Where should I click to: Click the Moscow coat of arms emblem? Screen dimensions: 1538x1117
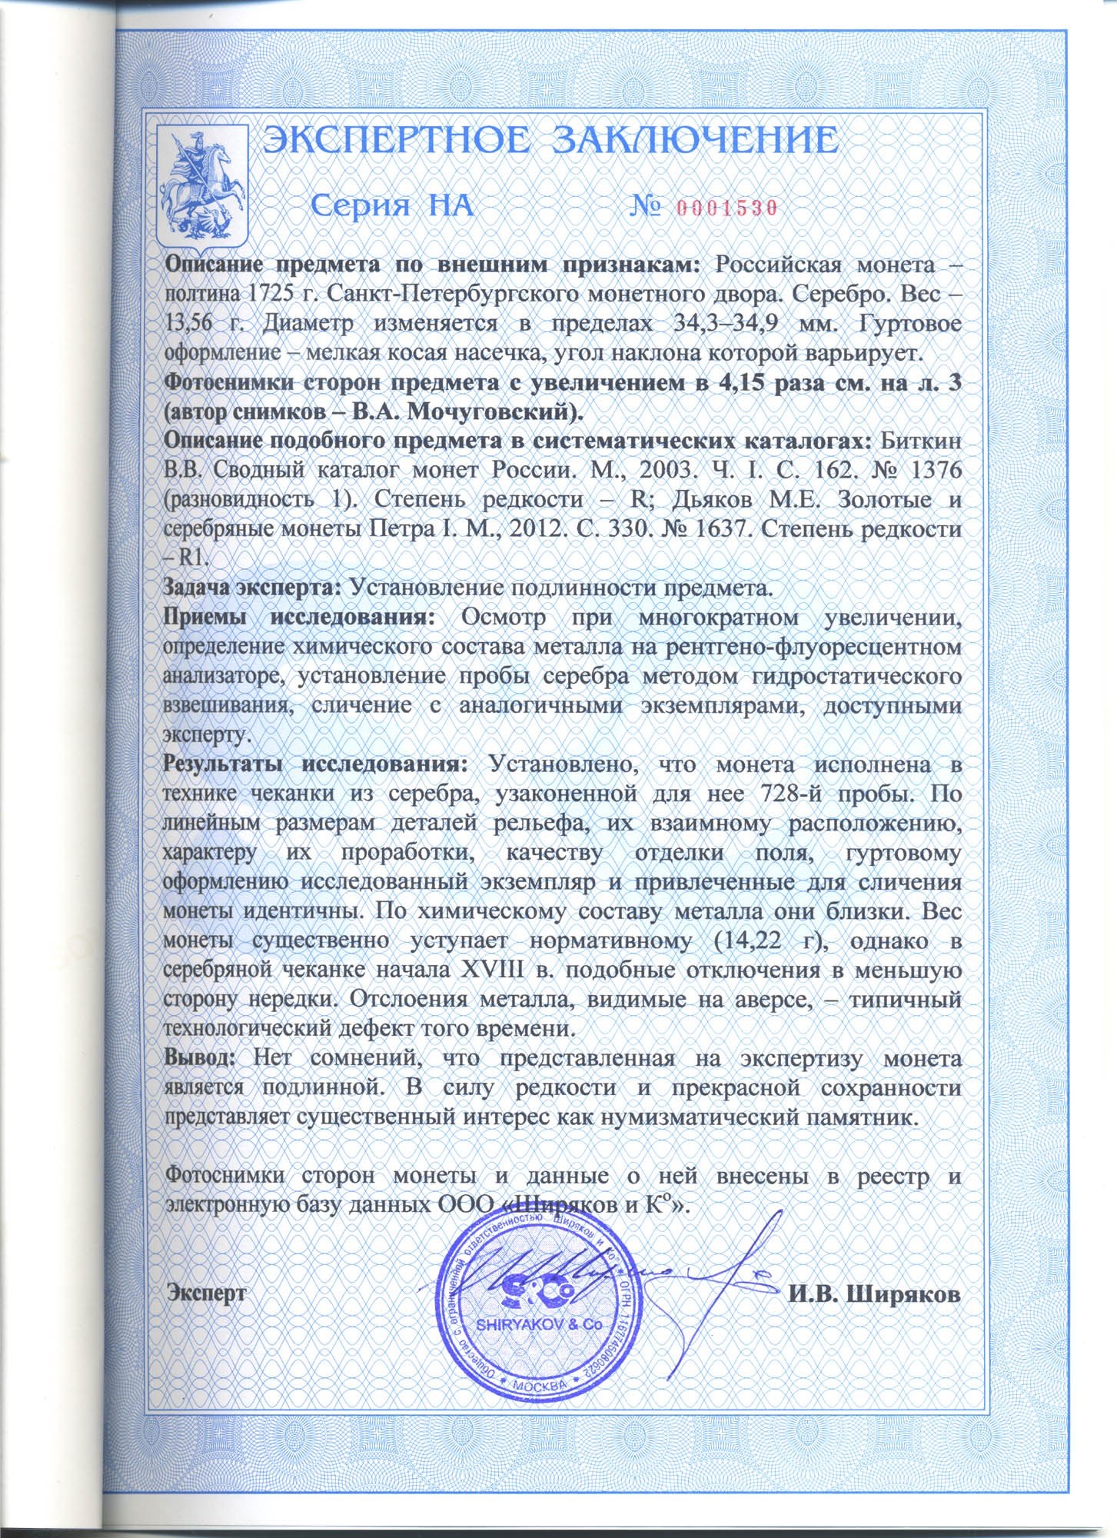pyautogui.click(x=202, y=188)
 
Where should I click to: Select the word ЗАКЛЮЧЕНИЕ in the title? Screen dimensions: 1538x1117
pyautogui.click(x=696, y=141)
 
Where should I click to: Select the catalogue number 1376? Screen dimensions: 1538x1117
pyautogui.click(x=929, y=469)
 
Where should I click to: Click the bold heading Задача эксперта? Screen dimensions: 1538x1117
pyautogui.click(x=252, y=588)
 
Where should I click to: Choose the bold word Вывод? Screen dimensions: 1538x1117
pyautogui.click(x=199, y=1057)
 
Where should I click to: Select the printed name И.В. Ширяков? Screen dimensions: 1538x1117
pyautogui.click(x=875, y=1293)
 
